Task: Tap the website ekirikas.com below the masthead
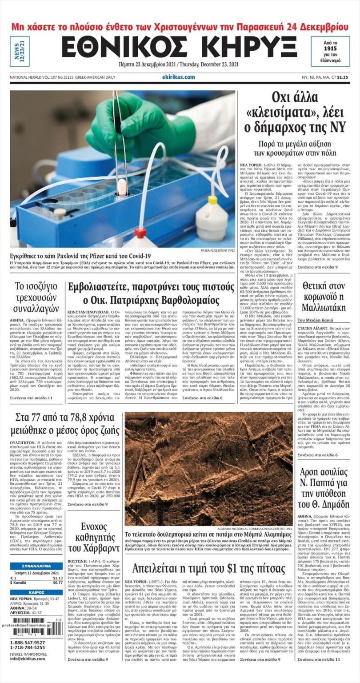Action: coord(178,77)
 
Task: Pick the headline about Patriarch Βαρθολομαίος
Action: coord(151,293)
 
